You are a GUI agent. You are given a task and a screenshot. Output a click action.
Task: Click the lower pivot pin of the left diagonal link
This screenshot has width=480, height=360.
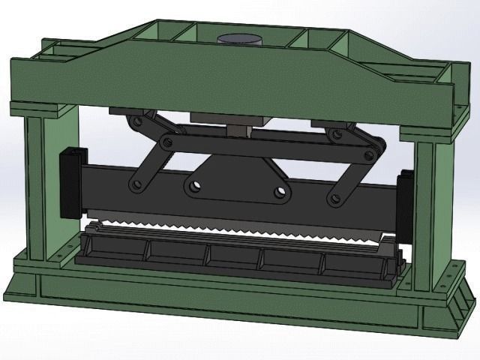click(x=136, y=183)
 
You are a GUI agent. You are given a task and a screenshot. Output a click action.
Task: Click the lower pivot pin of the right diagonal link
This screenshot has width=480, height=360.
click(x=334, y=199)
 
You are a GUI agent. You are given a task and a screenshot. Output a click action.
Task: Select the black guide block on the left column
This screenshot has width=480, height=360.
click(x=70, y=180)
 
